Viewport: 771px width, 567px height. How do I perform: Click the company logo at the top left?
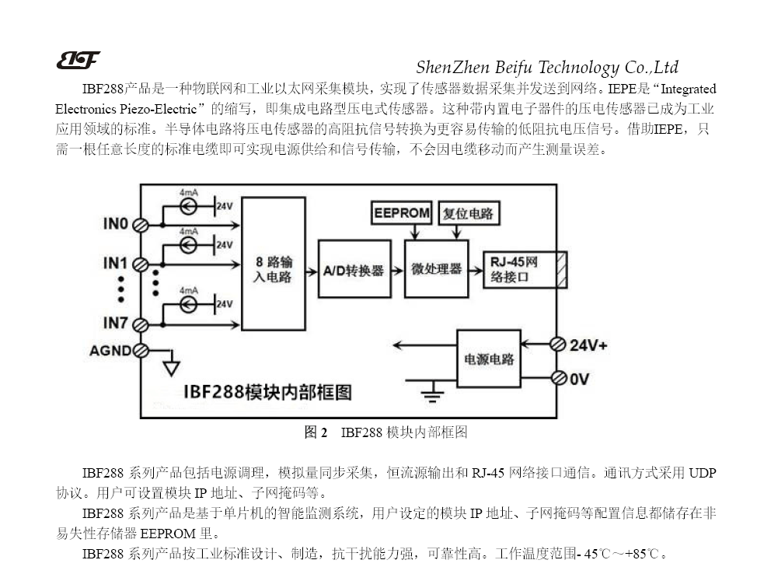[78, 60]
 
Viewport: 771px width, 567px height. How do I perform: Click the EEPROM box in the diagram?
[401, 213]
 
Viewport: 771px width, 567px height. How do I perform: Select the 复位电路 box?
[468, 213]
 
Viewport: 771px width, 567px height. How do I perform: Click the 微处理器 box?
[436, 268]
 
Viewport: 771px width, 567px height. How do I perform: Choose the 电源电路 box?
[488, 359]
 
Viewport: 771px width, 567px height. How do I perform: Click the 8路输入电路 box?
[273, 264]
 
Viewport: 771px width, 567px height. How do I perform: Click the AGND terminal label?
[110, 351]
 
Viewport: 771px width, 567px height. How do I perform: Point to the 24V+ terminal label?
[588, 345]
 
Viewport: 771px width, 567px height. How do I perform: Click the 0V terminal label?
[580, 379]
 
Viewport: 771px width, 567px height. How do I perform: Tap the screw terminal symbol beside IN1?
[141, 264]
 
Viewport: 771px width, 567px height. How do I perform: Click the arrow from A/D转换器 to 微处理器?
[395, 269]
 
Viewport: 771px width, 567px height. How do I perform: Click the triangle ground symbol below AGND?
[170, 368]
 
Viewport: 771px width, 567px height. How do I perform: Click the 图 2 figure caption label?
[316, 432]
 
